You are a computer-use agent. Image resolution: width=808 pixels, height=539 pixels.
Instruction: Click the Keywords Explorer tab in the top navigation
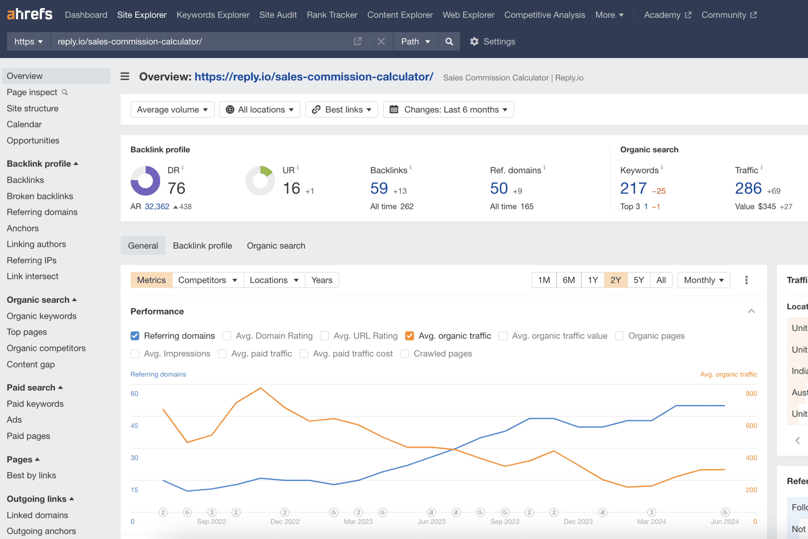click(213, 15)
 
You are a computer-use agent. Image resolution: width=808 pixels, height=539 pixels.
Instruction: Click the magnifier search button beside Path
click(449, 41)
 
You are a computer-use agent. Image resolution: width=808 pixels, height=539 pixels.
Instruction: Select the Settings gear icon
click(474, 41)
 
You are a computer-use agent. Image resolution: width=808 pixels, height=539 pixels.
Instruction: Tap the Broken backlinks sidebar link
click(40, 196)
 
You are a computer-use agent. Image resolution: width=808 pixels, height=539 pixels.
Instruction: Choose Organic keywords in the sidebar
click(41, 316)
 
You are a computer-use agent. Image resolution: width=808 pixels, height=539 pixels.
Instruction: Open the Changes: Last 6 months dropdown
click(448, 110)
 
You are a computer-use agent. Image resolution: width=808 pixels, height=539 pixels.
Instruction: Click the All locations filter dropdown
click(260, 110)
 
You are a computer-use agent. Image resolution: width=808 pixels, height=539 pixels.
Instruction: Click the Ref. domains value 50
click(498, 188)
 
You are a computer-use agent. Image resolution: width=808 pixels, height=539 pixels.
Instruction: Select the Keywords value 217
click(633, 188)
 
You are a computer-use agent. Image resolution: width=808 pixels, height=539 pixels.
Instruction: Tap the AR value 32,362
click(157, 206)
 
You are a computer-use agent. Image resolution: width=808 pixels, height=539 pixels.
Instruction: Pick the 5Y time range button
click(638, 280)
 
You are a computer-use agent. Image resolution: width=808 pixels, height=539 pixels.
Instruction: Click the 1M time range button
click(544, 280)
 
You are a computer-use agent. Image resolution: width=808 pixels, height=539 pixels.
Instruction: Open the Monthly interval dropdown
click(704, 280)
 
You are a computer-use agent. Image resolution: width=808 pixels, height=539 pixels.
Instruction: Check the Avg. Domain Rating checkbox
click(227, 336)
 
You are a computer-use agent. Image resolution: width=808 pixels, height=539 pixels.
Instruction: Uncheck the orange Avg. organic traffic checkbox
click(409, 336)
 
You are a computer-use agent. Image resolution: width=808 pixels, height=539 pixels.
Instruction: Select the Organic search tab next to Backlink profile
click(276, 246)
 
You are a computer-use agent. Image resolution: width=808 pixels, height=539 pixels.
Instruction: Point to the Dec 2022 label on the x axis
click(285, 522)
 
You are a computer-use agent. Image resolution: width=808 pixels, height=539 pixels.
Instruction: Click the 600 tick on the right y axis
click(751, 425)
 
